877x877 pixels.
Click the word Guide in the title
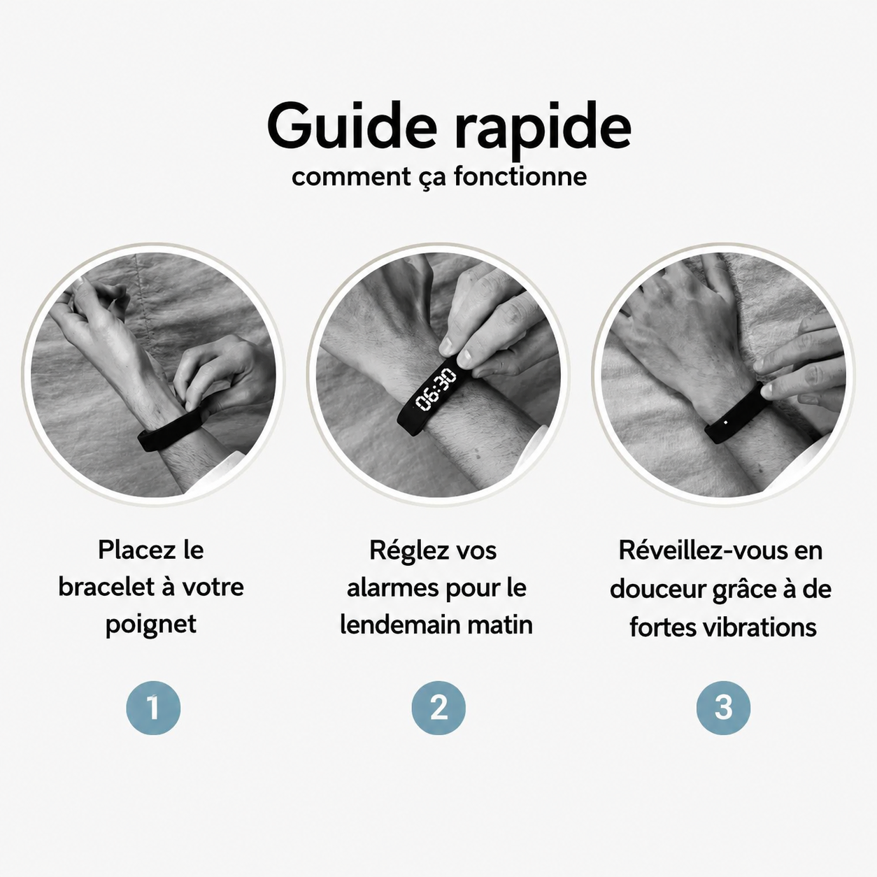click(x=352, y=125)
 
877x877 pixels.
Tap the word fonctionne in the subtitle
click(x=520, y=176)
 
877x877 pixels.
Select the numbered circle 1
click(x=153, y=708)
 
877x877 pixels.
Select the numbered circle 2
click(x=438, y=708)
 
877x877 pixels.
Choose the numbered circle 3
click(x=723, y=708)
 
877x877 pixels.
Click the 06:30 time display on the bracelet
click(x=436, y=390)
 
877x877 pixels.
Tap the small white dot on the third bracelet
click(x=725, y=422)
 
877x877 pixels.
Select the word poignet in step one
click(x=151, y=625)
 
